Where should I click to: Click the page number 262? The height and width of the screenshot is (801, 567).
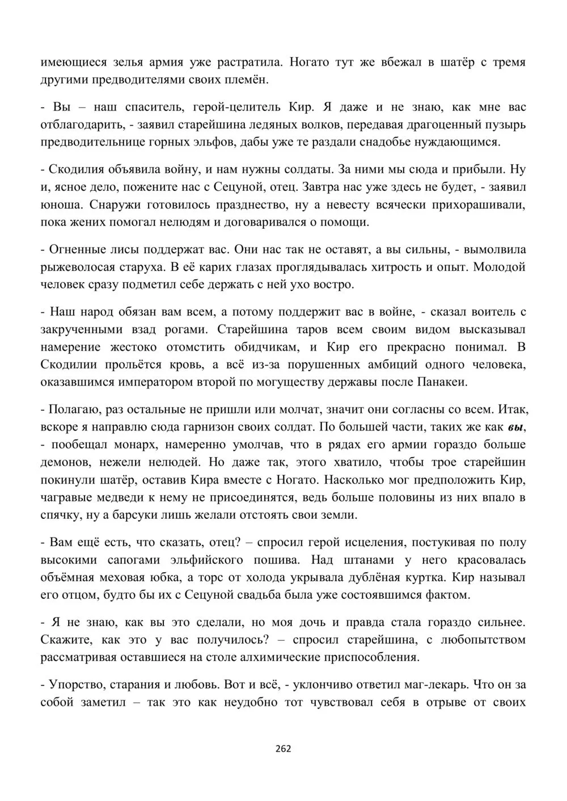coord(283,748)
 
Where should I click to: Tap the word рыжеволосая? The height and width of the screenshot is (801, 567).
coord(75,267)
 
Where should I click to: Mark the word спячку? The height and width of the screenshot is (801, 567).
coord(60,515)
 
